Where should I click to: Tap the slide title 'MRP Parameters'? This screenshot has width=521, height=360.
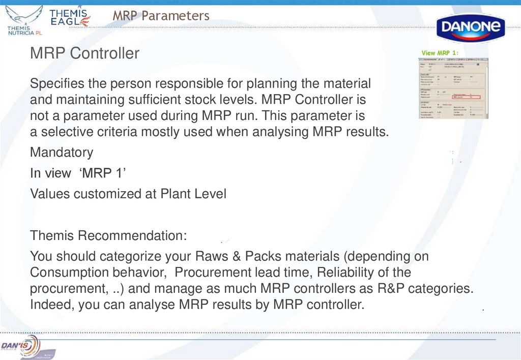[161, 16]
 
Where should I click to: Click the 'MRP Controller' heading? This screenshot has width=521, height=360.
[84, 53]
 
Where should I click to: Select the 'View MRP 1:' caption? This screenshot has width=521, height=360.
[440, 53]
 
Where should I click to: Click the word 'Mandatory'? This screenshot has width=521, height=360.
[62, 153]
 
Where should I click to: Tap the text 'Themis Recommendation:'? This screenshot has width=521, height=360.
[108, 236]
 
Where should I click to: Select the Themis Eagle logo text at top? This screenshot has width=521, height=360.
[70, 17]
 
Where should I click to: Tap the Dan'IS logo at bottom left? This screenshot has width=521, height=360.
[20, 346]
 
